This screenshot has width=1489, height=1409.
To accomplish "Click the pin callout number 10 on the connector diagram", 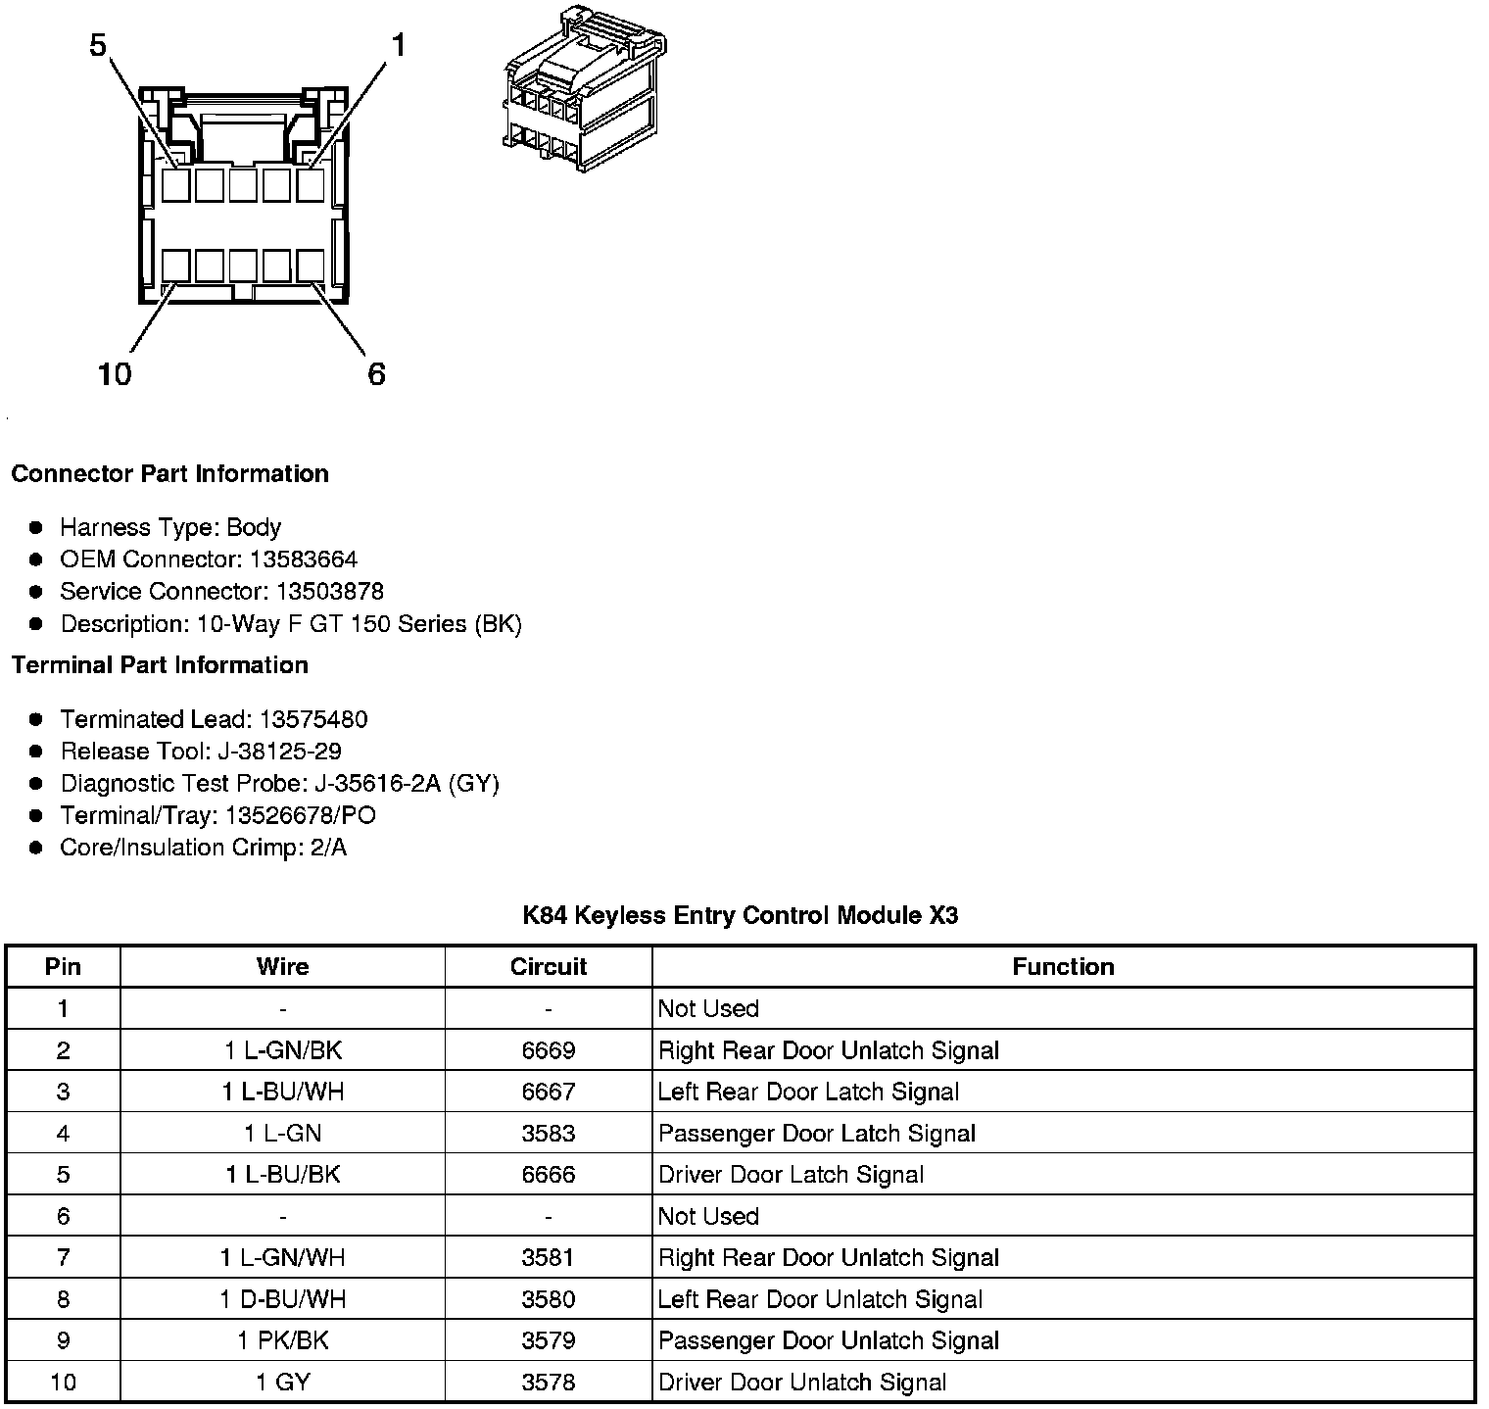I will (x=115, y=374).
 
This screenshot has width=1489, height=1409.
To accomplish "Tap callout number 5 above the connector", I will (x=98, y=46).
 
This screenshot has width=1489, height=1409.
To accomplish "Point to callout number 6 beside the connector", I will (x=377, y=374).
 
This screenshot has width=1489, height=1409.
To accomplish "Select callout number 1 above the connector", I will (x=399, y=46).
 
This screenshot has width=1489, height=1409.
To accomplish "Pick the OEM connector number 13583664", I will (x=304, y=559).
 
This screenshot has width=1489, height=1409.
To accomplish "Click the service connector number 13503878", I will (x=329, y=592).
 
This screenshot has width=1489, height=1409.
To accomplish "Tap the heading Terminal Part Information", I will (x=160, y=665).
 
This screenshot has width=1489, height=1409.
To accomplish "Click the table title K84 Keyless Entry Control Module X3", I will (x=740, y=916).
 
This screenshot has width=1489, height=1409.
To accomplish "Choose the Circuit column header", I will (x=549, y=967).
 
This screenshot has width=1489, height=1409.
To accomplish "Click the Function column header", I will (x=1063, y=967).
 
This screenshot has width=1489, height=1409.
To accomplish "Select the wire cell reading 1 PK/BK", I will (x=283, y=1340).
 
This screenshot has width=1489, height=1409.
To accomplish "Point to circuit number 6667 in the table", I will (x=549, y=1092).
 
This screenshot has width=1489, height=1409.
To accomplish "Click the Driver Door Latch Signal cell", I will (x=791, y=1175).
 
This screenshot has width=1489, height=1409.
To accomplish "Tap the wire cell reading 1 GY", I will (x=283, y=1383).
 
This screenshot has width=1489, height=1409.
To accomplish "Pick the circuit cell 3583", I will (x=549, y=1134).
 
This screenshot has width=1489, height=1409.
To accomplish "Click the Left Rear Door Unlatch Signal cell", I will (x=820, y=1299).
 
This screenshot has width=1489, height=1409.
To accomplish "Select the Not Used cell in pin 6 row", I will (x=708, y=1216).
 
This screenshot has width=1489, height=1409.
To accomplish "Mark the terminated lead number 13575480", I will (x=312, y=720).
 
